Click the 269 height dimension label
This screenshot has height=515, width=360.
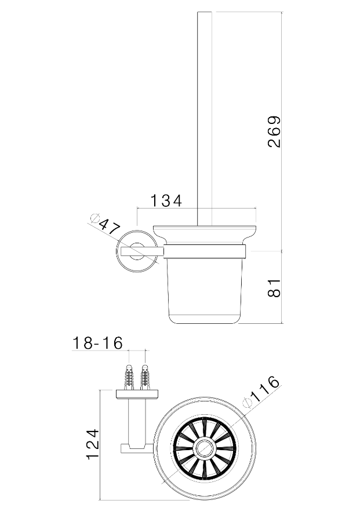point(274,132)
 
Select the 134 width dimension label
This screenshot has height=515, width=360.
point(166,200)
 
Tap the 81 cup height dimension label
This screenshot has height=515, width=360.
point(274,288)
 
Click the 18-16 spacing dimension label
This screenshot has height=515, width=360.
point(97,343)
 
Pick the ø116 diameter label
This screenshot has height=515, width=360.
point(261,392)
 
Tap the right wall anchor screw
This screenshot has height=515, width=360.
point(144,376)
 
